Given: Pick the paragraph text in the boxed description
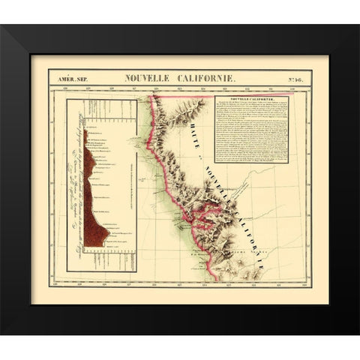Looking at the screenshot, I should click(251, 131).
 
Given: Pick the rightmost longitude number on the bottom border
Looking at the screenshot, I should click(298, 283).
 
